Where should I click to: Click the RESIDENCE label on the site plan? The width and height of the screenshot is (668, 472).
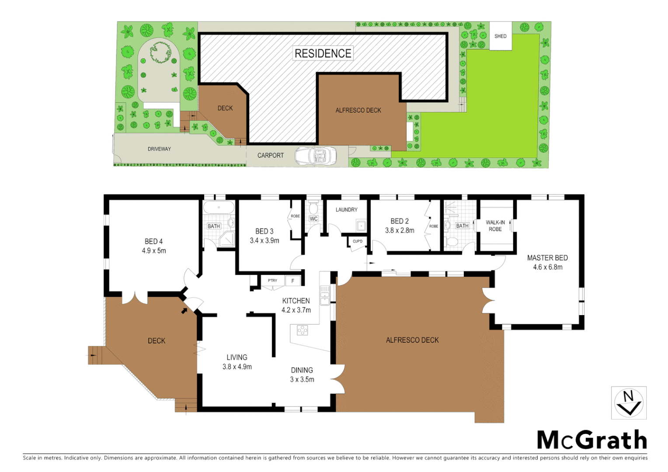point(323,53)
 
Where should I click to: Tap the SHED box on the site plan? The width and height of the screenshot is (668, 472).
point(501,36)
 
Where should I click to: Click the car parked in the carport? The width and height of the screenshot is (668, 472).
point(316,156)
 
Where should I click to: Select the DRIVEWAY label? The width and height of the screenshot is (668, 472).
point(159,149)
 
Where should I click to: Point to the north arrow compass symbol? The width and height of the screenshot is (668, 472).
point(628,403)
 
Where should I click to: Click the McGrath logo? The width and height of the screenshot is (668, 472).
point(592,440)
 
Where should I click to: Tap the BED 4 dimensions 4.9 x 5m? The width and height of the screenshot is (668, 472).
point(154,251)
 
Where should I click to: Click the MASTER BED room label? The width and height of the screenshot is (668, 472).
point(547,258)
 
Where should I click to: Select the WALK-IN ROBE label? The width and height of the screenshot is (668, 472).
point(495,226)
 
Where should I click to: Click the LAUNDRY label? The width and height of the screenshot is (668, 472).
point(346,210)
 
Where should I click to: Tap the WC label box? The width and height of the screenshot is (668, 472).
point(313,219)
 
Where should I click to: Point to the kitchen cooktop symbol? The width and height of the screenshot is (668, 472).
point(303,330)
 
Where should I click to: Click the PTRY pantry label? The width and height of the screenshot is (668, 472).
point(272,281)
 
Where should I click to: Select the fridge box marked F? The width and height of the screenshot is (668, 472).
point(293,281)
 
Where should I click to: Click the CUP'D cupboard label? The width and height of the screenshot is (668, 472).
point(358,241)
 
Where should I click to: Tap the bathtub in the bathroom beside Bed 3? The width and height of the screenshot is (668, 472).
point(219,207)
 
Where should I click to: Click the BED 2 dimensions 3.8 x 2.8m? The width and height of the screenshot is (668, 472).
point(400,230)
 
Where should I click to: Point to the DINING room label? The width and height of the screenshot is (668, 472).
point(302,370)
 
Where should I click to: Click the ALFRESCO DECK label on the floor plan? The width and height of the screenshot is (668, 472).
point(412,340)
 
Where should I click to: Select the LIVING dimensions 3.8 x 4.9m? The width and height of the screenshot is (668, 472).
point(237,367)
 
